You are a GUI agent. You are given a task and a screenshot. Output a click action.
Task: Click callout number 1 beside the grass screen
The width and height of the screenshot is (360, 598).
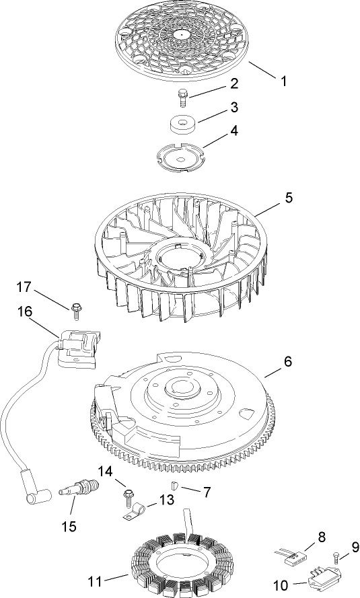[283, 81]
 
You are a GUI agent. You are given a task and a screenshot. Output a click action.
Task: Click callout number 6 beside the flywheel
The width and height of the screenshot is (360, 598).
[287, 361]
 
